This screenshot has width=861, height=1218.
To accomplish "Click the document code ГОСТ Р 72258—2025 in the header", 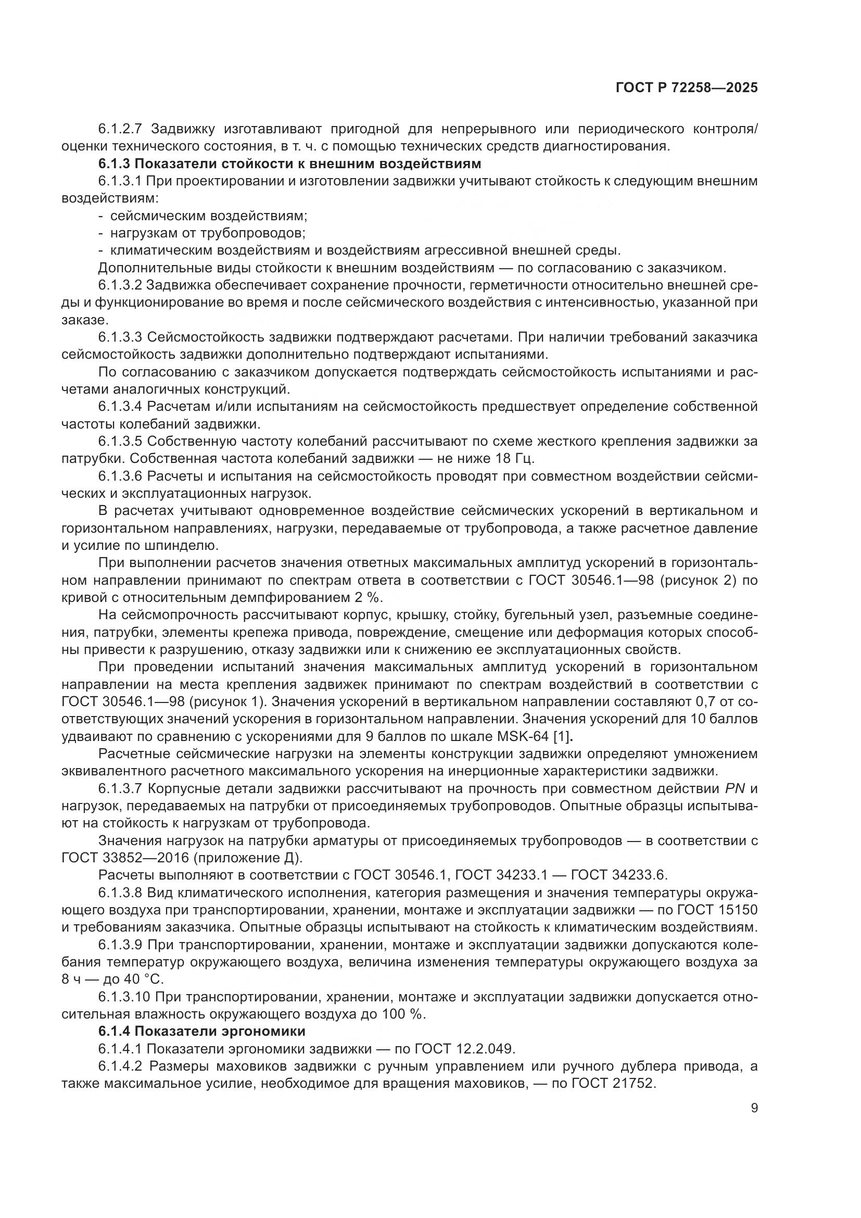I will pos(687,87).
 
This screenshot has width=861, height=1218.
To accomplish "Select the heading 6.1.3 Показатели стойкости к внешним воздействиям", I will pos(289,164).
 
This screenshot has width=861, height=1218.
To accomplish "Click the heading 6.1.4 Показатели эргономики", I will pos(202,1031).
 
